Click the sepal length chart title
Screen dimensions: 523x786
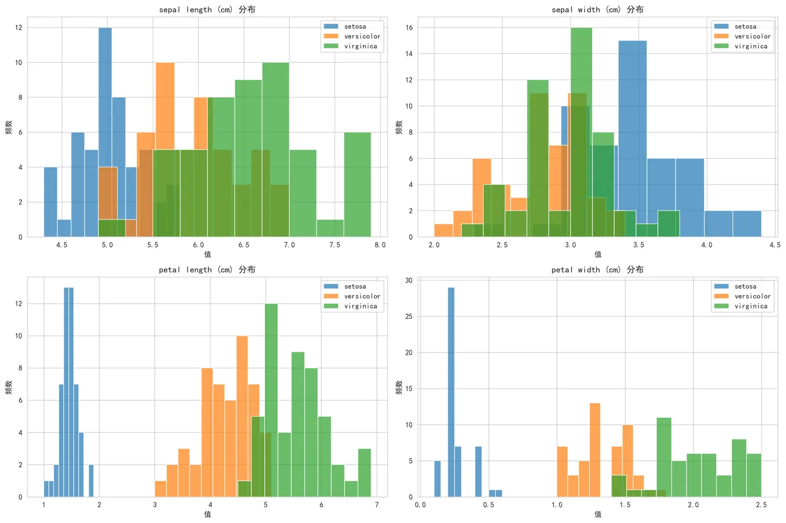click(x=207, y=10)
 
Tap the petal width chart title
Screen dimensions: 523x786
click(x=597, y=269)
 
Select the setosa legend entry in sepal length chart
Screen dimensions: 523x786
click(x=354, y=26)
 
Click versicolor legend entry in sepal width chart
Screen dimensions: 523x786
click(x=752, y=36)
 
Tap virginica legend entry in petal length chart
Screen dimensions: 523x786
click(x=360, y=306)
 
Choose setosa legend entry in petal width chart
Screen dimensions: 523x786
click(x=745, y=286)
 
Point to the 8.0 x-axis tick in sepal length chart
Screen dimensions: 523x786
click(x=380, y=245)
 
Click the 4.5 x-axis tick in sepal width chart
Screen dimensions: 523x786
click(x=775, y=245)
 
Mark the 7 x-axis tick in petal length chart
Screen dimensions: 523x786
click(x=377, y=505)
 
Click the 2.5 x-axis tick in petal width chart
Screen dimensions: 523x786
click(x=761, y=505)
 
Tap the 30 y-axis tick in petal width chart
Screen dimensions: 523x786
click(x=409, y=281)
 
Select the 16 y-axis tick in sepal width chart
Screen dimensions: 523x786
click(x=409, y=27)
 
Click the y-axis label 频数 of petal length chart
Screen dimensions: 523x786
click(x=8, y=387)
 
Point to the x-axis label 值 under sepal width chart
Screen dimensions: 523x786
click(x=597, y=254)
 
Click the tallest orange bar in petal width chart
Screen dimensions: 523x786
click(x=595, y=449)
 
